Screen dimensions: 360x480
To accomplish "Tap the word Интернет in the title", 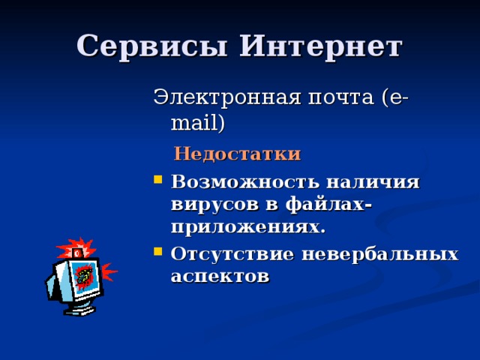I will point(320,46).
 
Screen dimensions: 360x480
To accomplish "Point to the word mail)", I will point(198,122).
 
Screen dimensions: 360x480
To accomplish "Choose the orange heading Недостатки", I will point(237,154).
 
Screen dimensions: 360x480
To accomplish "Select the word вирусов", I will point(212,205).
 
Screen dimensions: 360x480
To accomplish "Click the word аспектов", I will point(220,275).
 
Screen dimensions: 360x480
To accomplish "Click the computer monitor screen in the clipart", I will point(83,276).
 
